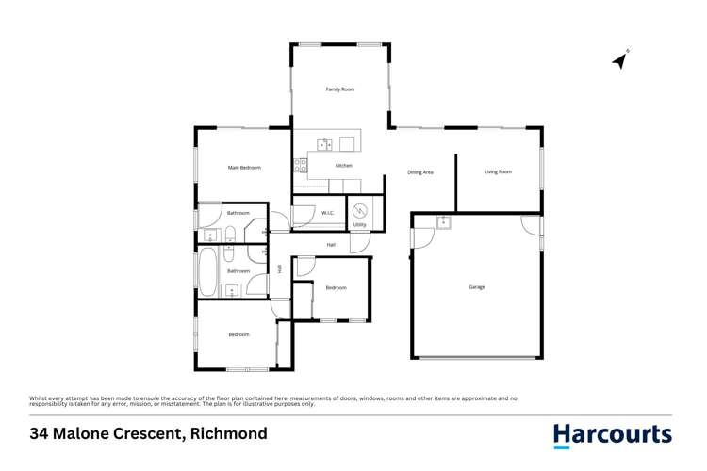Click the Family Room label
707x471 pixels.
tap(339, 89)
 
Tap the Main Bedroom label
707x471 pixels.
tap(244, 168)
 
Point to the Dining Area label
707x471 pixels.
tap(419, 172)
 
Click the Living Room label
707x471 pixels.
tap(498, 171)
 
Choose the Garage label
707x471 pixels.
tap(477, 286)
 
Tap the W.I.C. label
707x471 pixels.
tap(329, 213)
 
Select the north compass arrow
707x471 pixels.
tap(620, 60)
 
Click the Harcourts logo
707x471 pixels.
tap(612, 435)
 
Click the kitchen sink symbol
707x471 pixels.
tap(323, 144)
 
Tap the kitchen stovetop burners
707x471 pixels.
tap(302, 166)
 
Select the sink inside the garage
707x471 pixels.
tap(442, 222)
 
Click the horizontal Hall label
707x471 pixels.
tap(331, 245)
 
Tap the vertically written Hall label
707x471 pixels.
tap(280, 268)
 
